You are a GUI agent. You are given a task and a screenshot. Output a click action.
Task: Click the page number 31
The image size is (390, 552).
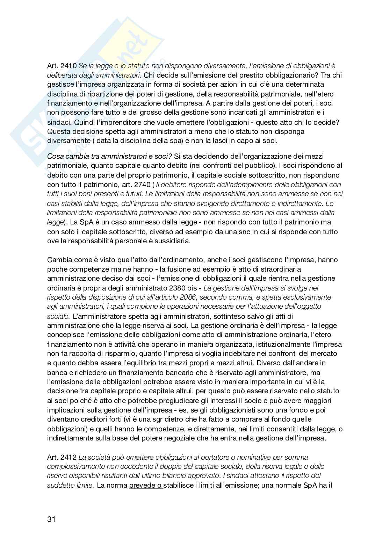51,519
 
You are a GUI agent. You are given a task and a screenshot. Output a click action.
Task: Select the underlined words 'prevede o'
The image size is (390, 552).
146,485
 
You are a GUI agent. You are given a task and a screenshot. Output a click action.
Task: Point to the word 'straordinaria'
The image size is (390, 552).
281,269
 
